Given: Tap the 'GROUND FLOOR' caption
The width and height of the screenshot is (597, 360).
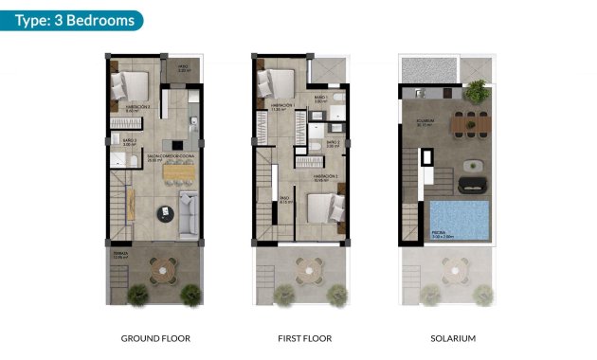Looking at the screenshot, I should click(x=156, y=338).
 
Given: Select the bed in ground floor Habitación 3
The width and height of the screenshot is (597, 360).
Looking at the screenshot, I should click(x=130, y=86).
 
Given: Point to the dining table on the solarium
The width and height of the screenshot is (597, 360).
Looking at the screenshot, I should click(x=466, y=121).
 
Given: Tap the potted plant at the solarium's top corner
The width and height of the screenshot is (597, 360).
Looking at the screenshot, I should click(x=476, y=89).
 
